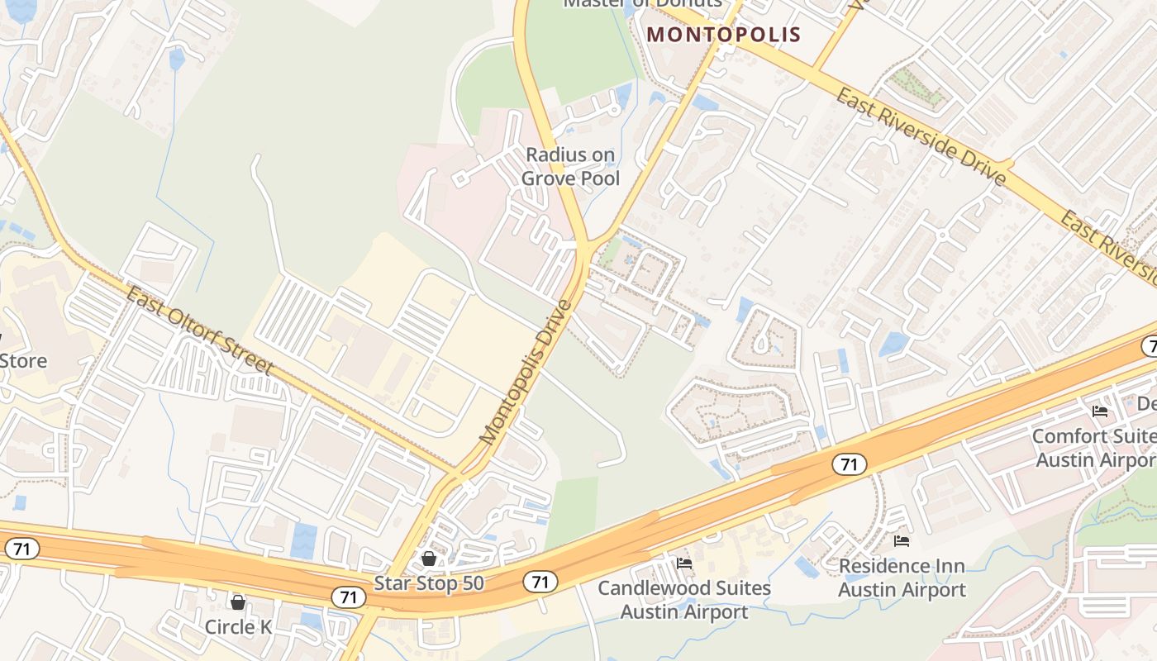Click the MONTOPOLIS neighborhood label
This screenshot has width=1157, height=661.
(x=724, y=35)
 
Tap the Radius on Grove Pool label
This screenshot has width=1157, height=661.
(x=570, y=166)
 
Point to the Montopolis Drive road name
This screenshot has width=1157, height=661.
(x=526, y=373)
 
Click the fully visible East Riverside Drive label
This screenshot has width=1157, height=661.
(x=921, y=137)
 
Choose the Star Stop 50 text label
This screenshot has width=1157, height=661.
(x=428, y=583)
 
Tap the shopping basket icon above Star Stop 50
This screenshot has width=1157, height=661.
(x=428, y=559)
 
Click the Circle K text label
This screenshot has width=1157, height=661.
(x=238, y=627)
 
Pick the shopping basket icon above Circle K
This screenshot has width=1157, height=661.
(x=238, y=602)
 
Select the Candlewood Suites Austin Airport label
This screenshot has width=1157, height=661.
(x=684, y=600)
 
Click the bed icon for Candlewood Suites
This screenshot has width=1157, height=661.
(x=684, y=564)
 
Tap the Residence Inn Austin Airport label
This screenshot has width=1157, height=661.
(x=902, y=578)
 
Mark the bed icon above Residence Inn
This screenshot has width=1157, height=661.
(x=902, y=541)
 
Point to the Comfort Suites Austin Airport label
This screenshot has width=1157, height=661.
(x=1094, y=447)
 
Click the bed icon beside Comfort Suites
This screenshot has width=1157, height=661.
(x=1099, y=411)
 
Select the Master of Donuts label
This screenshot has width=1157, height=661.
(x=642, y=3)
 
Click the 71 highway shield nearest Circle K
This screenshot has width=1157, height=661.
(x=348, y=597)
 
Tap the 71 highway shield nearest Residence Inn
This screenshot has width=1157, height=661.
(x=849, y=465)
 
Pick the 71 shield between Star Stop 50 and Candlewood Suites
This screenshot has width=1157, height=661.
(x=540, y=583)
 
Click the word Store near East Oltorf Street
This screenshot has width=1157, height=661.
(x=23, y=361)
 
